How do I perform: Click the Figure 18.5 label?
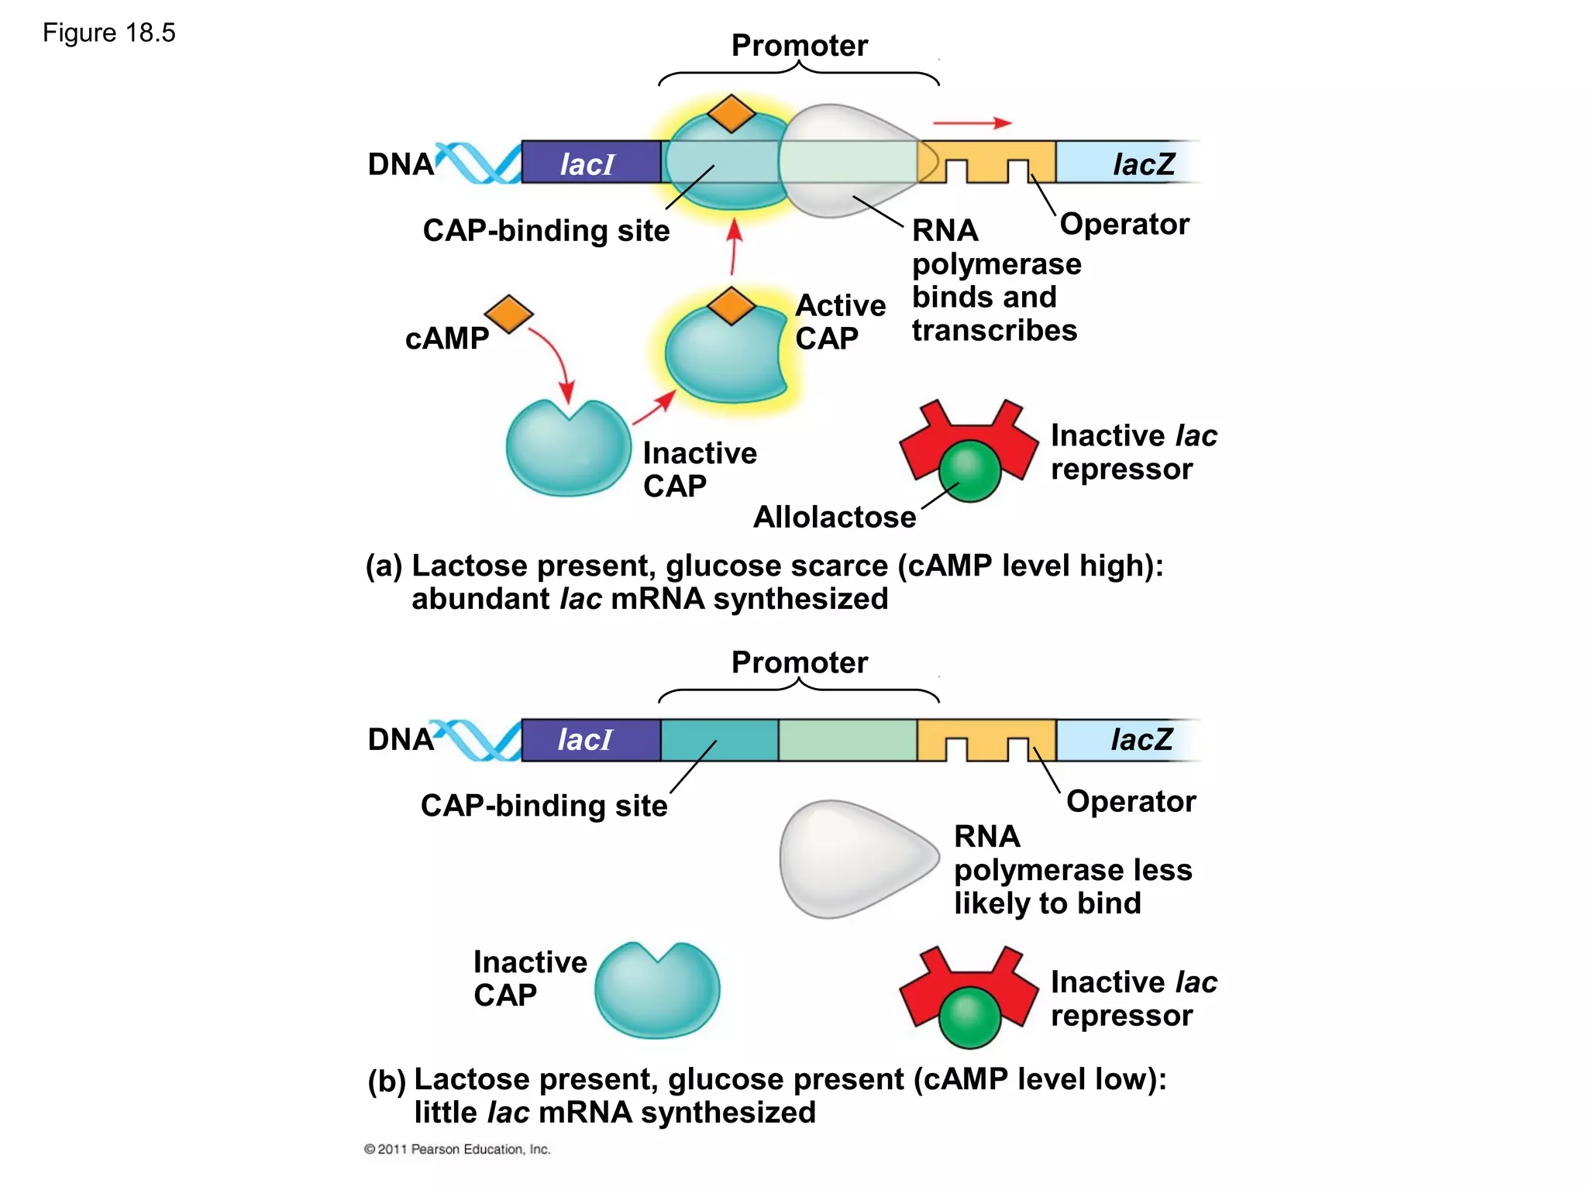(109, 33)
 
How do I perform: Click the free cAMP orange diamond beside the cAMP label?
(508, 314)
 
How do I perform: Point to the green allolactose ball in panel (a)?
(969, 470)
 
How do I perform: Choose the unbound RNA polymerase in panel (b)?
(856, 858)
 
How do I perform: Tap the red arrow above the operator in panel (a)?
(972, 122)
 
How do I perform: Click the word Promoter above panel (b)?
(800, 662)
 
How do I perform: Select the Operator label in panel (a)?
(1124, 224)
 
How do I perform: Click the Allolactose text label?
(835, 517)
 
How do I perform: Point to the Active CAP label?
(840, 322)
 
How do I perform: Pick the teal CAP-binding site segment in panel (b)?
(719, 740)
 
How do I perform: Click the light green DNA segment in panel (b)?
(848, 740)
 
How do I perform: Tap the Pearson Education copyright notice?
(457, 1149)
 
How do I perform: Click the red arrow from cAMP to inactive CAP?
(555, 356)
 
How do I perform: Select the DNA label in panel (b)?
(401, 740)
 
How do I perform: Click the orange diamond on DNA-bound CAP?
(731, 114)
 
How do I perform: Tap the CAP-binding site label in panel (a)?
(546, 231)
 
